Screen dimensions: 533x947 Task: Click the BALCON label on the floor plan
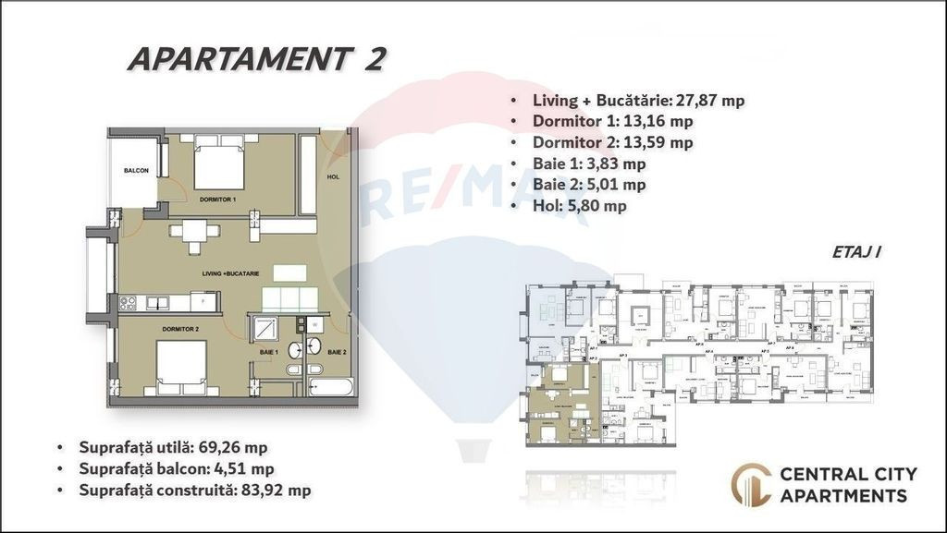tap(136, 171)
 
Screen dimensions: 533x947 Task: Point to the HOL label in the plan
tap(333, 176)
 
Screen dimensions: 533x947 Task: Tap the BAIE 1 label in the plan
tap(268, 352)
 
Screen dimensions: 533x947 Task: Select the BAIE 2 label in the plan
tap(336, 352)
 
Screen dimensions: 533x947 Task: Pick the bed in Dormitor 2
tap(180, 367)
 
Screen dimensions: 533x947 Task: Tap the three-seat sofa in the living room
tap(290, 299)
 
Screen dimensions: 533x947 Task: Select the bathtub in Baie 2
tap(331, 384)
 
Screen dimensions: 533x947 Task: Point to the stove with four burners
tap(129, 302)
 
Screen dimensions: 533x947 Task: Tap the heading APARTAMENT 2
tap(256, 58)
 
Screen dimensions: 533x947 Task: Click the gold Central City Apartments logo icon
tap(750, 484)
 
